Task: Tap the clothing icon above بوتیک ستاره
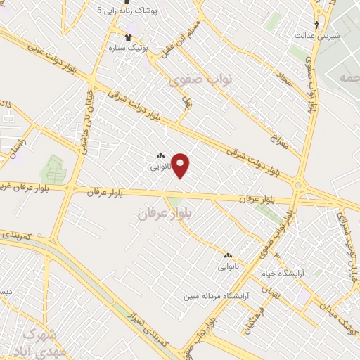pyautogui.click(x=127, y=37)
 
